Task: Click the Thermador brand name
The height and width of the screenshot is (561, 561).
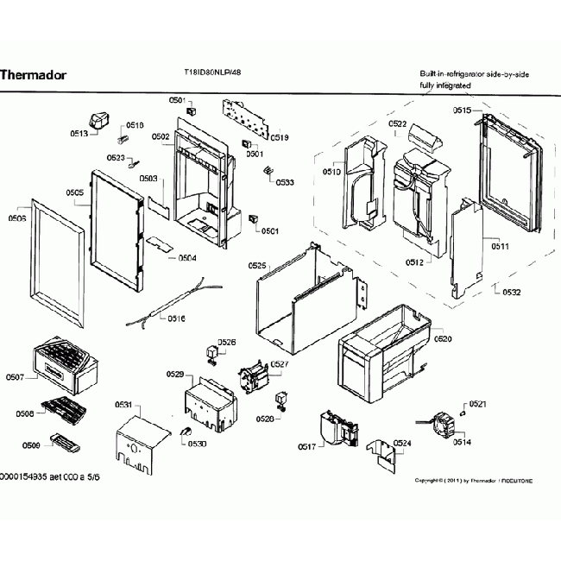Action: tap(32, 74)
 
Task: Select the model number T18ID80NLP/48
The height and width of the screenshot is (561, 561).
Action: tap(212, 73)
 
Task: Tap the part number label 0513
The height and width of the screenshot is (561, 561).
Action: tap(79, 134)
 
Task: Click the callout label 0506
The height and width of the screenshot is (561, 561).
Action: tap(15, 219)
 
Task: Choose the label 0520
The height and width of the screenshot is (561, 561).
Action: tap(443, 339)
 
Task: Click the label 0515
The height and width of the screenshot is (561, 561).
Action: tap(463, 110)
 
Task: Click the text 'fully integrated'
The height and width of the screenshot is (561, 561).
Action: tap(445, 86)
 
